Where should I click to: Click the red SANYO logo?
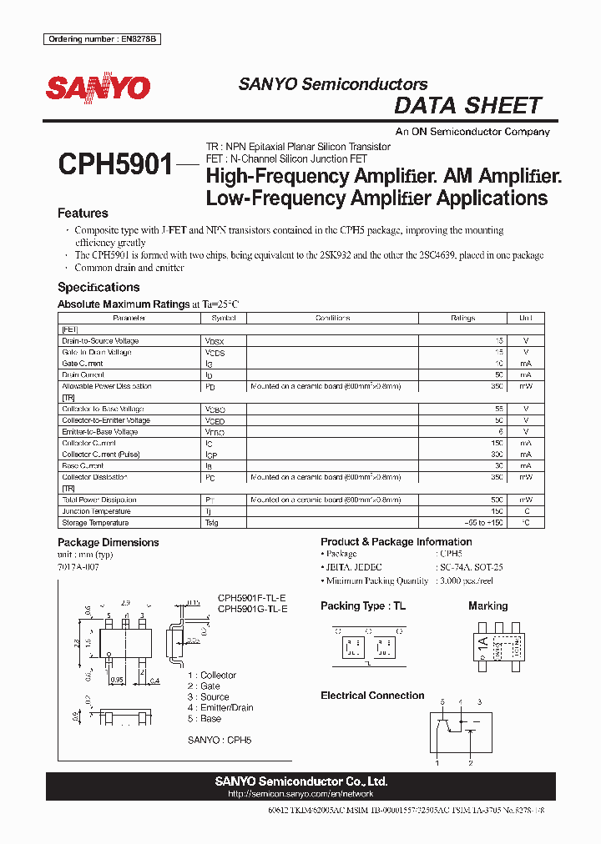(x=98, y=88)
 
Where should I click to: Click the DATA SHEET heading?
(x=467, y=106)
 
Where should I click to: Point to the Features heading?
(x=83, y=214)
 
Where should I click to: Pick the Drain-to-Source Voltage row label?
(x=100, y=341)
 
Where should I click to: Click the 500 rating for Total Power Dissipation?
(x=497, y=499)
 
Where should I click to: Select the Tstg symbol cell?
(x=213, y=523)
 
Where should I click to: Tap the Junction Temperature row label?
(x=96, y=511)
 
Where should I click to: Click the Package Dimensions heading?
(x=108, y=542)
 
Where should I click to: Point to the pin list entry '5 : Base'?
(x=205, y=718)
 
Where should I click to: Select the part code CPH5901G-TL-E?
(x=253, y=610)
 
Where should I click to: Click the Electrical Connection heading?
(x=372, y=696)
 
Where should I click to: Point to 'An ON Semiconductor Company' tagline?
(x=472, y=132)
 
